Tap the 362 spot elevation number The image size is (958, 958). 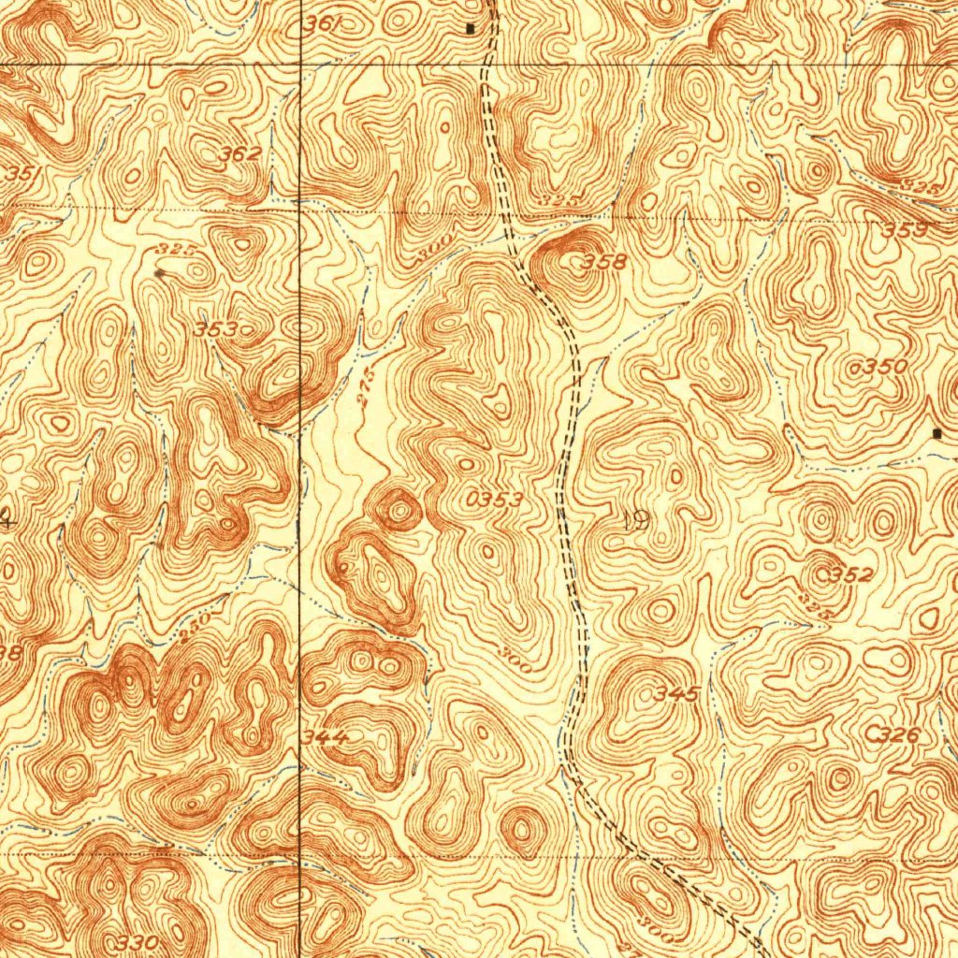pos(239,155)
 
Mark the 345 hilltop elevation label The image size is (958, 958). pos(676,694)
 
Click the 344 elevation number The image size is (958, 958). pos(326,738)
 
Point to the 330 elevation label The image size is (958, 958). pos(138,940)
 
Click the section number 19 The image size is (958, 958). pos(635,522)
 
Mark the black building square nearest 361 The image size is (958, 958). pos(470,28)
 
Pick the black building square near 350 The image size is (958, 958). pos(938,433)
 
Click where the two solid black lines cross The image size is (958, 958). pos(299,64)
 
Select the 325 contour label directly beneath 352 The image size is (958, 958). pos(820,608)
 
